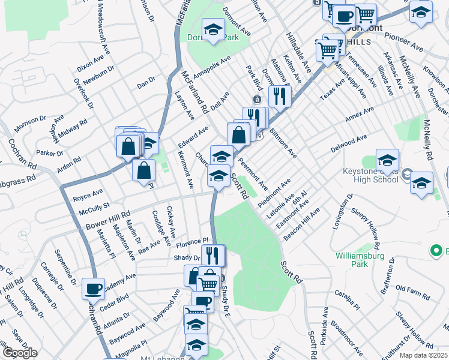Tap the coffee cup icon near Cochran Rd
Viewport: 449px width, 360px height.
click(x=93, y=289)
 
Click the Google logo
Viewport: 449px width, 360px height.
click(x=19, y=353)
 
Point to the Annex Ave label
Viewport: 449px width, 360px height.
click(x=359, y=118)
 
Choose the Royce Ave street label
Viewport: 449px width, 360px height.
click(x=88, y=195)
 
